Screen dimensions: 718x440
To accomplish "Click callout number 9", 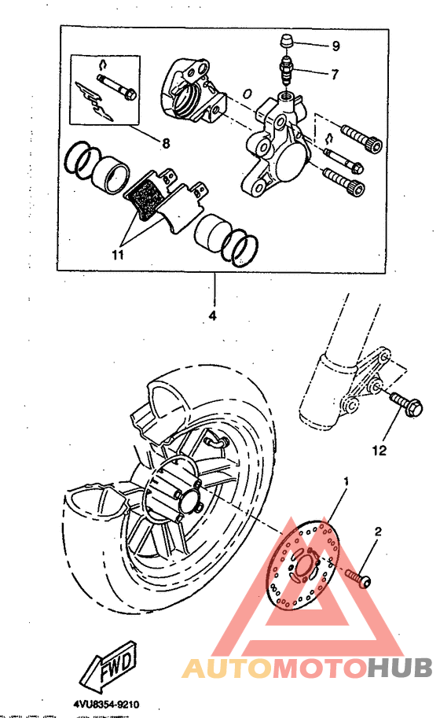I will coord(335,46).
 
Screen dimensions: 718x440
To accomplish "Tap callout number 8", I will coord(166,143).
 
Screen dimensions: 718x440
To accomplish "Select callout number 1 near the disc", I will coord(344,479).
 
